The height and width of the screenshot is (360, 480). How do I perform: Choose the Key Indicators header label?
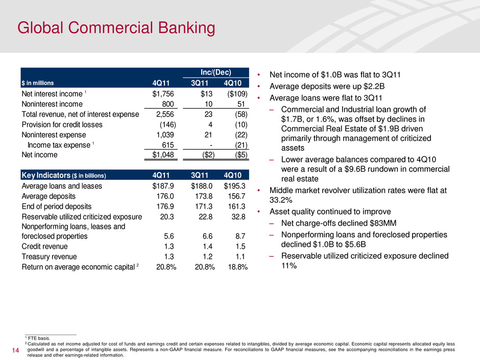point(66,175)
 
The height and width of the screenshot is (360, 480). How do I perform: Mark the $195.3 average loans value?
point(236,186)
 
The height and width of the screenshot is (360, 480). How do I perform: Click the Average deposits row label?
point(49,196)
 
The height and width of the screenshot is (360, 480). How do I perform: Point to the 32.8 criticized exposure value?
point(240,217)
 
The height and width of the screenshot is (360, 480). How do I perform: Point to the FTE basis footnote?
point(37,338)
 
